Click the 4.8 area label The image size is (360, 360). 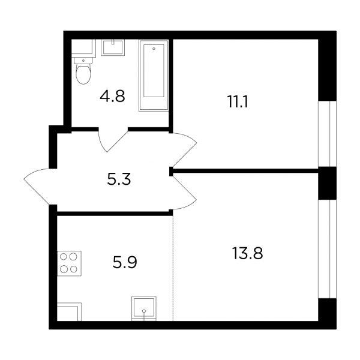pyautogui.click(x=112, y=97)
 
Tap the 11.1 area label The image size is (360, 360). pyautogui.click(x=238, y=102)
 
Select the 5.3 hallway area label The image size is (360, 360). pyautogui.click(x=119, y=179)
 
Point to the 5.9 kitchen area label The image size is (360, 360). pyautogui.click(x=125, y=262)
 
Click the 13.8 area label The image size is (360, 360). pyautogui.click(x=247, y=253)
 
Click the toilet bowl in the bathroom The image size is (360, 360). pyautogui.click(x=83, y=74)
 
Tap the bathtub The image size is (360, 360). pyautogui.click(x=154, y=76)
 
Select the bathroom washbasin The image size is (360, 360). pyautogui.click(x=113, y=47)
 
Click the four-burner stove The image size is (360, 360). pyautogui.click(x=69, y=263)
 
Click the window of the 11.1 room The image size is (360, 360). pyautogui.click(x=327, y=134)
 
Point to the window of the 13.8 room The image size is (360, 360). pyautogui.click(x=327, y=249)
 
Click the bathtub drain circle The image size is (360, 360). pyautogui.click(x=154, y=49)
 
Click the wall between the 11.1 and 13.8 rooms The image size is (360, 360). pyautogui.click(x=245, y=170)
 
